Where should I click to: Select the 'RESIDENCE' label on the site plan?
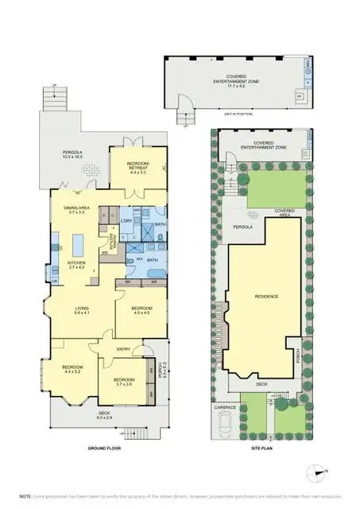(x=265, y=297)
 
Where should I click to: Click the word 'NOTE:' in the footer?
(x=25, y=495)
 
